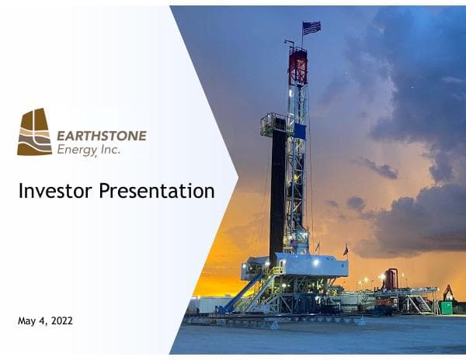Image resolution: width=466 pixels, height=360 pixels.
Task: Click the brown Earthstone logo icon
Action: (x=35, y=132)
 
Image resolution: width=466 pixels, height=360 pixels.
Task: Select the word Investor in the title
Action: (x=55, y=190)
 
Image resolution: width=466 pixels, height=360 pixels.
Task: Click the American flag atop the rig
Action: (x=311, y=28)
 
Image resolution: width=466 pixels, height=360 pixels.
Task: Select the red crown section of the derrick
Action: (x=297, y=66)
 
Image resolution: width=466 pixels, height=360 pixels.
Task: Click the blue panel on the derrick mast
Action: (x=300, y=131)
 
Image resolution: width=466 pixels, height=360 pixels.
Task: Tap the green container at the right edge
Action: (x=446, y=306)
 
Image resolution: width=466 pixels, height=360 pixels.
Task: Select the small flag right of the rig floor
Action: (x=346, y=250)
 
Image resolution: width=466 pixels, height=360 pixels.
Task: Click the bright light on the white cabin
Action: (x=316, y=263)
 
